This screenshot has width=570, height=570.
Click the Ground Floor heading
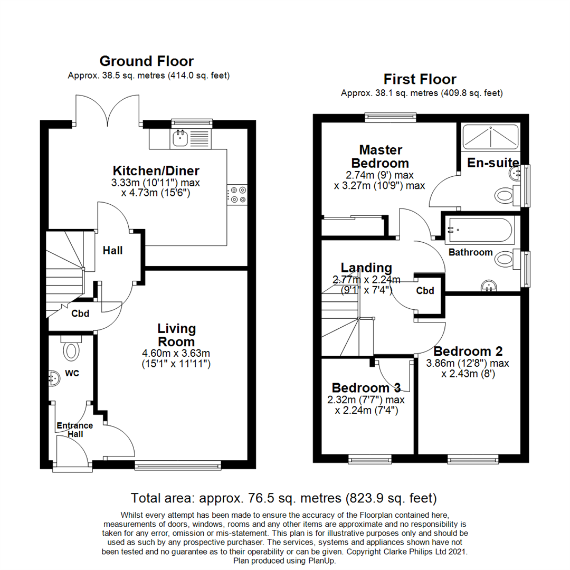tap(146, 61)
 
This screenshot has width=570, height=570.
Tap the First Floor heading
tap(420, 79)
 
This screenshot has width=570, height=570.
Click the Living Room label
tap(176, 335)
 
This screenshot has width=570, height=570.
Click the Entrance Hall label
tap(74, 430)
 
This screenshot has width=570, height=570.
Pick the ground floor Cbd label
tap(80, 313)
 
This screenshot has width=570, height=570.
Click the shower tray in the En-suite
tap(491, 137)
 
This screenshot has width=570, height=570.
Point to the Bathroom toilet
tap(506, 259)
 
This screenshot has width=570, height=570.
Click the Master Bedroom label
tap(381, 156)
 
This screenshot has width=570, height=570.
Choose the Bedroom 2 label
tap(468, 351)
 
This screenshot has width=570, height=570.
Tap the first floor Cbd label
tap(425, 291)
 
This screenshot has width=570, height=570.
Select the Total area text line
tap(284, 498)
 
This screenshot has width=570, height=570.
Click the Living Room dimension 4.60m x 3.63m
tap(176, 353)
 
